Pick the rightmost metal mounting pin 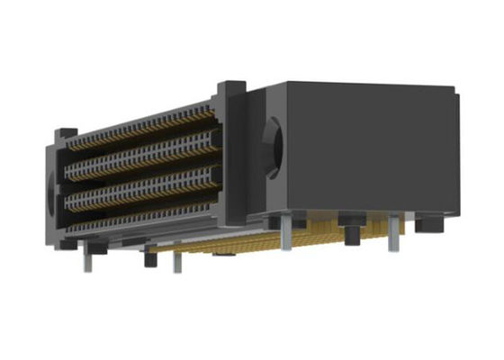pos(391,236)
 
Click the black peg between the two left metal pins pos(149,260)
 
